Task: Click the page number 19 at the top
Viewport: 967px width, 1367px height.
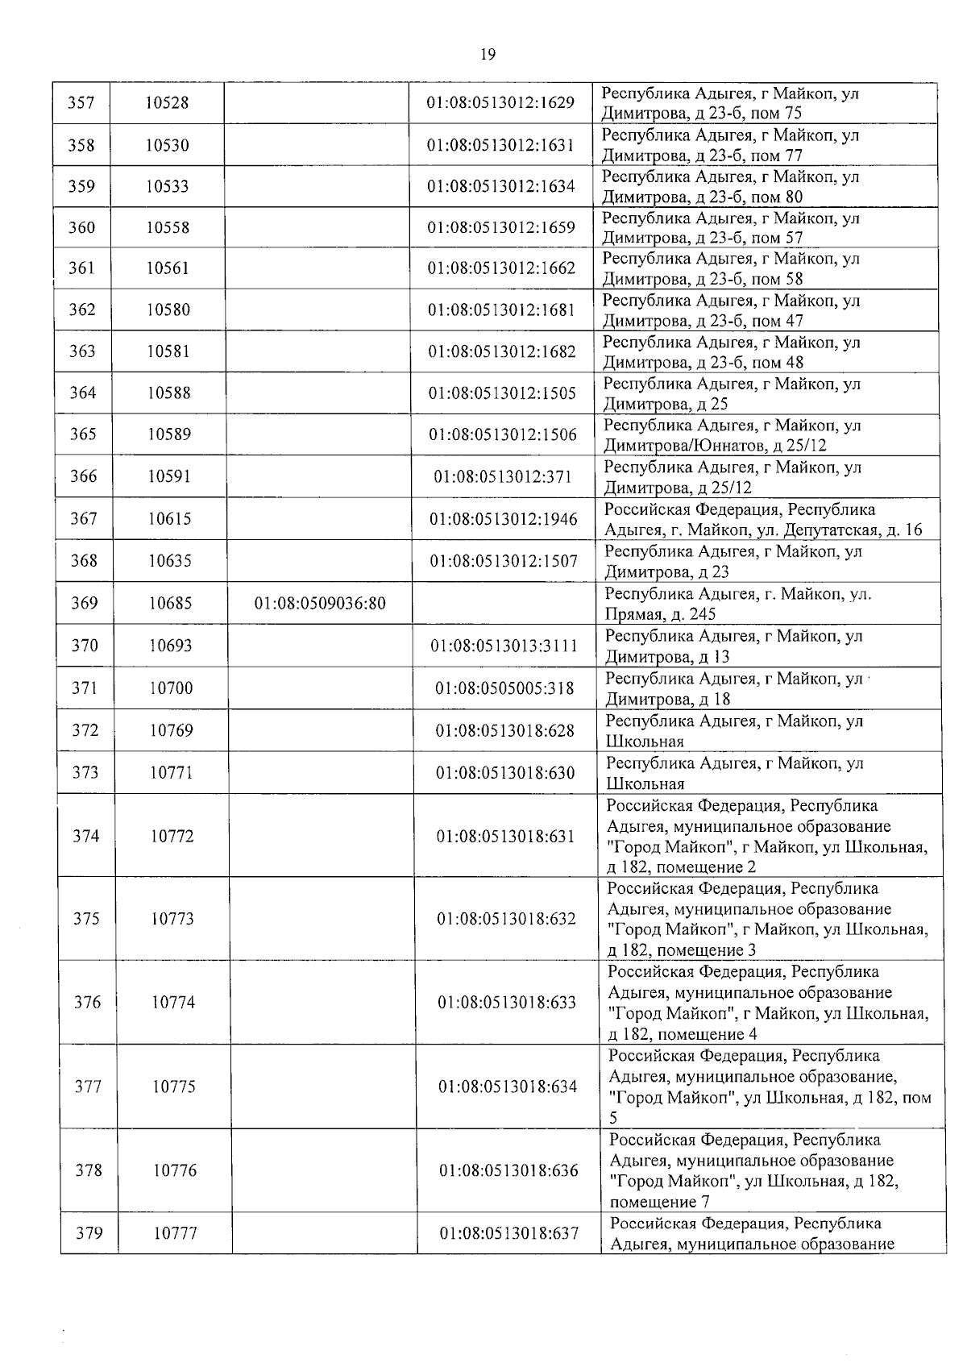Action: coord(488,55)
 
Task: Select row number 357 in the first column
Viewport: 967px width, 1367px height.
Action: coord(81,103)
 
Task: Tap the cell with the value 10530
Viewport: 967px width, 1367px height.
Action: coord(168,145)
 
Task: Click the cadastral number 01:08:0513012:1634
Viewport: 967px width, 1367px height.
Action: coord(500,186)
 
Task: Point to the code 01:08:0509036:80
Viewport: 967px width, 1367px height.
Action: coord(320,603)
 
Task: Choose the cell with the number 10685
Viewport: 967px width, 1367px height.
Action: coord(170,603)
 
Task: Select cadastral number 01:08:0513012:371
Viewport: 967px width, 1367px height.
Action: coord(503,476)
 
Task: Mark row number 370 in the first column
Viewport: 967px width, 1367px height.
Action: coord(85,646)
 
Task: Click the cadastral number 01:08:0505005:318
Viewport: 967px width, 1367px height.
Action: coord(504,688)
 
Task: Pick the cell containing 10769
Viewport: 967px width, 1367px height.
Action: coord(171,730)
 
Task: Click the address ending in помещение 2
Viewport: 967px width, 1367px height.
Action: coord(766,836)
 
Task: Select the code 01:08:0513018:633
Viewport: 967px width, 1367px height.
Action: coord(507,1003)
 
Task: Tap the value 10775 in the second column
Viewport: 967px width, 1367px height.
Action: coord(173,1087)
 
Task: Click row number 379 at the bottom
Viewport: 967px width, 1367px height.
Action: coord(89,1233)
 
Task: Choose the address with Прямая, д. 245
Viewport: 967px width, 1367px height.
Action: coord(737,603)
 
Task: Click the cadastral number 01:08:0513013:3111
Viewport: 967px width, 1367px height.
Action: coord(504,646)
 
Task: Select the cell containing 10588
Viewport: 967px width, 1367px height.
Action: coord(169,393)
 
